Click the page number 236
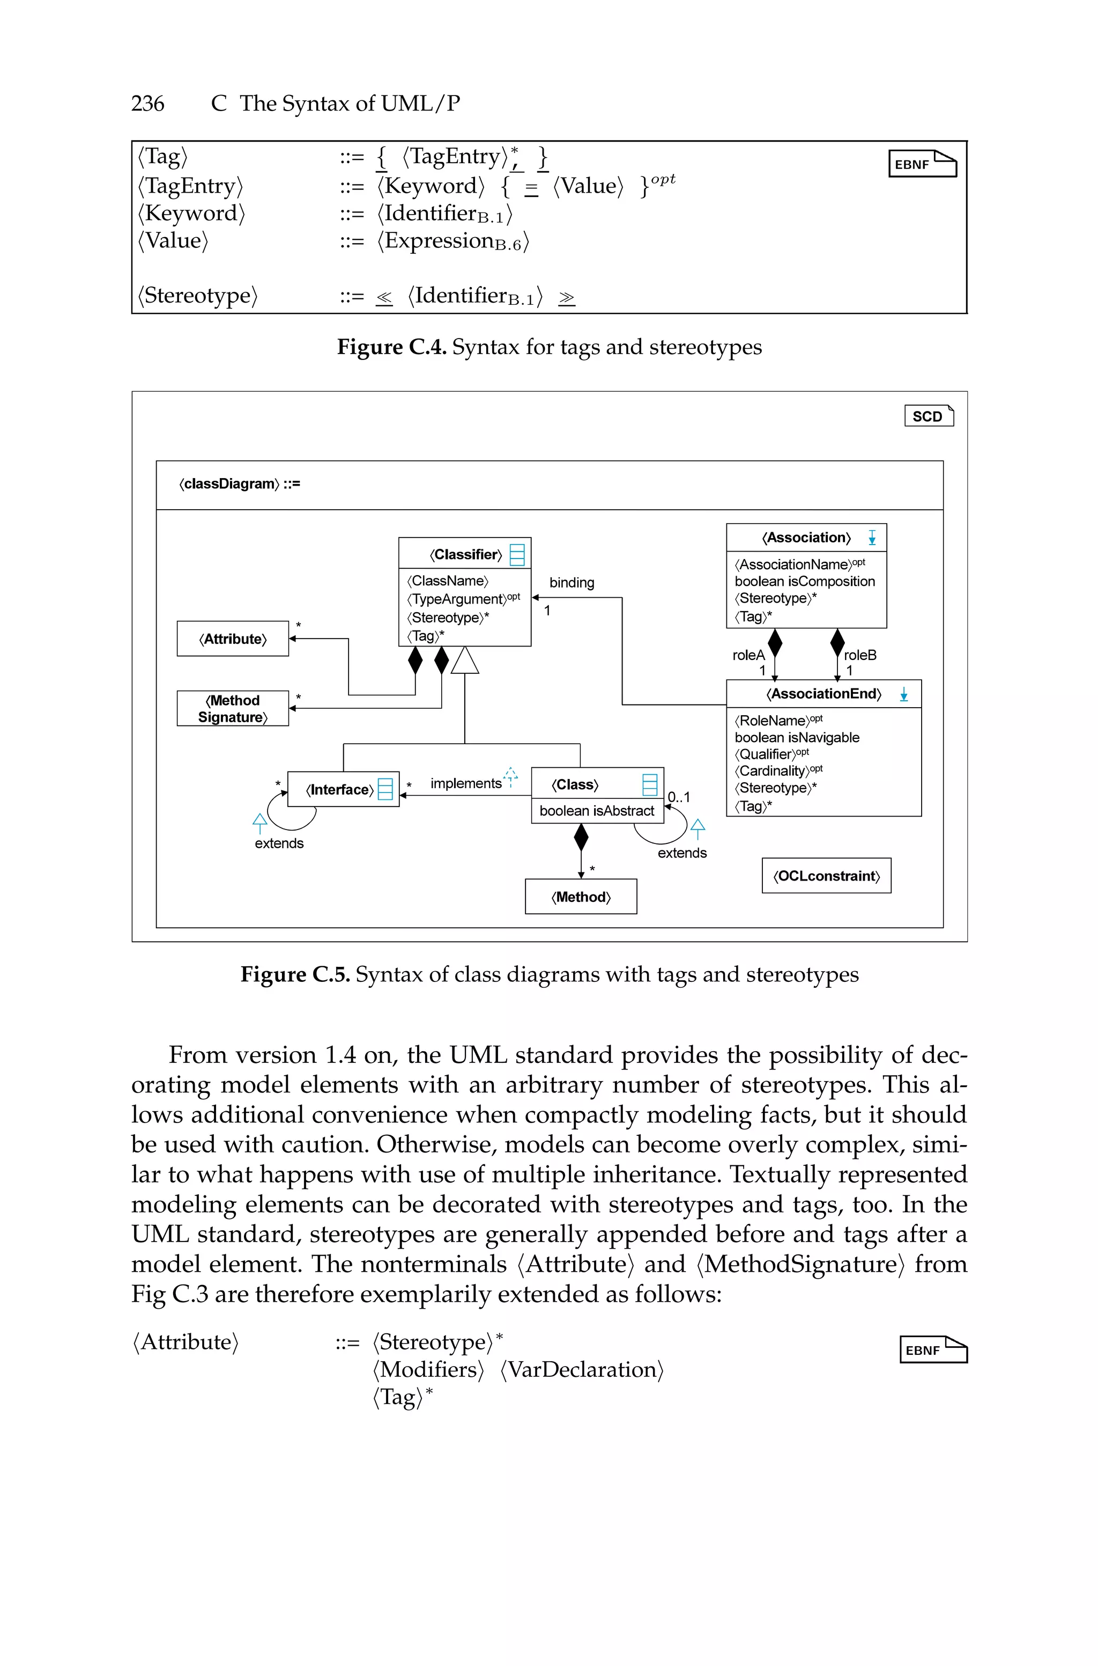(148, 104)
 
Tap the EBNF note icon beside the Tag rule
(922, 164)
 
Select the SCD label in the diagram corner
(929, 416)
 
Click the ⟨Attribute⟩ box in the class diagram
(233, 639)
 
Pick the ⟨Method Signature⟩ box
(233, 708)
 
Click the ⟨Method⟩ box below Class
(581, 897)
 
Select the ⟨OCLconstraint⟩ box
(826, 876)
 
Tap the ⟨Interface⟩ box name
(339, 790)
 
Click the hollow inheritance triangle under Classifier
(465, 660)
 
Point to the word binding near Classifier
(572, 582)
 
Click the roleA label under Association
(748, 655)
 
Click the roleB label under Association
(860, 655)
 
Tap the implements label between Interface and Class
(466, 783)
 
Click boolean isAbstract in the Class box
(597, 811)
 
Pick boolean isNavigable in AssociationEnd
(797, 737)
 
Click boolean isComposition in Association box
(805, 582)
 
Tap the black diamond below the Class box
(581, 837)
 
